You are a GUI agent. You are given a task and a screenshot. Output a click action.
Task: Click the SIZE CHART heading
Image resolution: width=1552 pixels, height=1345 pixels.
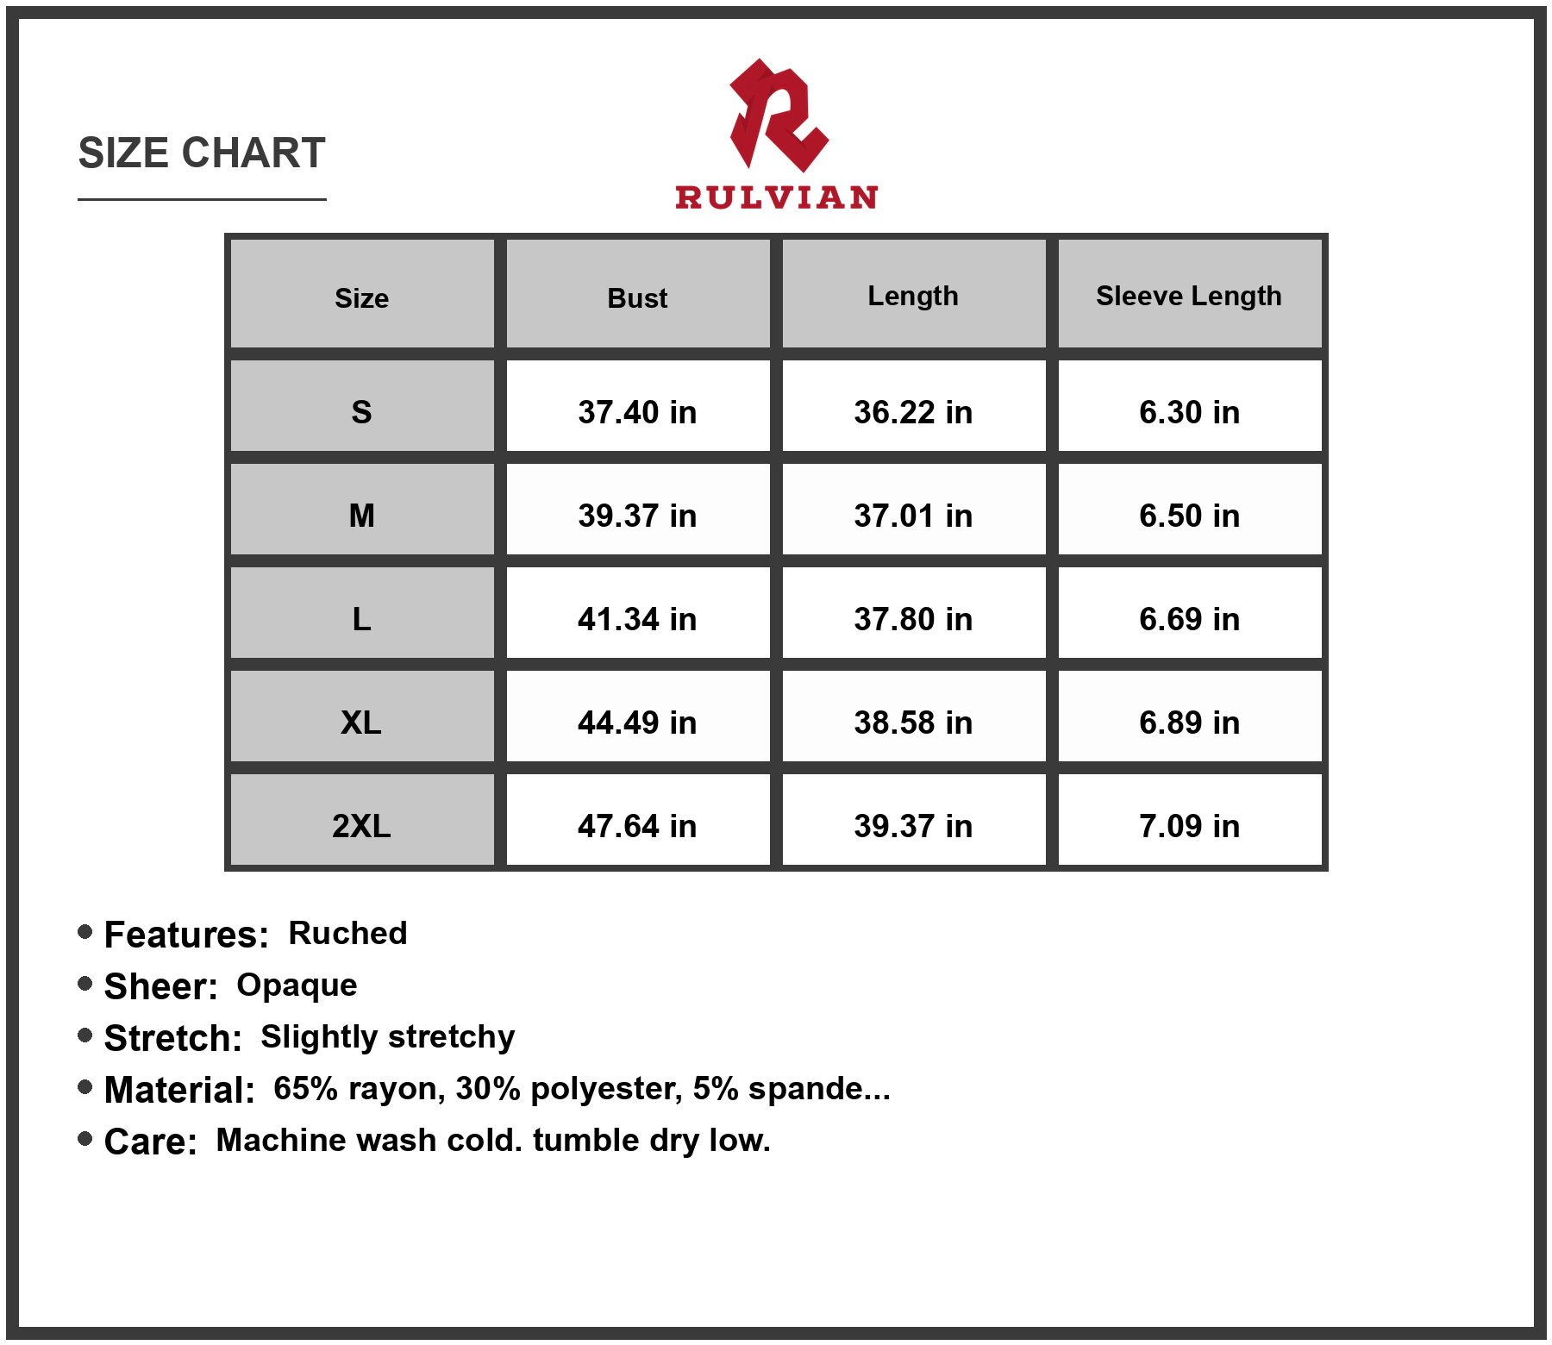[x=202, y=153]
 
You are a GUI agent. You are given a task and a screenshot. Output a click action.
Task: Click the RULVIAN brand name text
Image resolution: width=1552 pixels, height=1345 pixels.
[x=776, y=197]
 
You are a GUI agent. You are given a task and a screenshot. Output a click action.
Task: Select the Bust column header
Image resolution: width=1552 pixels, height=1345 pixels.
[x=637, y=298]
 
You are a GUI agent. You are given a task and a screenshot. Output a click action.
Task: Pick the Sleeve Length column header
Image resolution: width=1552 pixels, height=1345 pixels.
[x=1188, y=296]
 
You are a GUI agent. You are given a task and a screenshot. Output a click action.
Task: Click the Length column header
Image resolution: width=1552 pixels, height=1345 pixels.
[x=912, y=296]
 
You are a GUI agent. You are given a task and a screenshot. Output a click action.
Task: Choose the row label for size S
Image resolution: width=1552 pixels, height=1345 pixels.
[x=361, y=412]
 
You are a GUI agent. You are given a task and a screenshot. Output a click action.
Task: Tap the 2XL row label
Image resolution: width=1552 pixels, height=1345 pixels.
[x=361, y=826]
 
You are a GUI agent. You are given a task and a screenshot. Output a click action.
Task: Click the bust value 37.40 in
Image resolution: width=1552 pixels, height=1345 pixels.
[x=637, y=412]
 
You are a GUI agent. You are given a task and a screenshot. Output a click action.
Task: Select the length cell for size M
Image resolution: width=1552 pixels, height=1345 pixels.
[x=913, y=516]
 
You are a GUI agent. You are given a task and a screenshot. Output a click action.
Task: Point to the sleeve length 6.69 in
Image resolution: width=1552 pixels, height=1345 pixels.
[x=1189, y=619]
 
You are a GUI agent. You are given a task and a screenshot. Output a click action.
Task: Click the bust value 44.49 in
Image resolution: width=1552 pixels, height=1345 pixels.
[x=637, y=723]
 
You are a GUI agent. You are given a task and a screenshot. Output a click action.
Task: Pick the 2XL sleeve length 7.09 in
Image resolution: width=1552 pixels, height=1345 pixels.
[x=1189, y=826]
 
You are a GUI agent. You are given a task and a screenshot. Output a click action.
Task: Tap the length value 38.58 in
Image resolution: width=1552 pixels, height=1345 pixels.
[x=913, y=723]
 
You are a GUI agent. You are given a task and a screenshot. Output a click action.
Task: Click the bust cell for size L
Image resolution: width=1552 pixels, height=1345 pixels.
[x=637, y=619]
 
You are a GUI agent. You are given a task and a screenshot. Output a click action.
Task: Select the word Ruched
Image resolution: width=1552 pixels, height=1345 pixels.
[x=347, y=933]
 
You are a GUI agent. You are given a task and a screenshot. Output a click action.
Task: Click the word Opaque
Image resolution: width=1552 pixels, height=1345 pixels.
[x=297, y=985]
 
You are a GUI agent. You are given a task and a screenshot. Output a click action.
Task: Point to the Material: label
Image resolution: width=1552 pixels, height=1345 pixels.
[x=179, y=1090]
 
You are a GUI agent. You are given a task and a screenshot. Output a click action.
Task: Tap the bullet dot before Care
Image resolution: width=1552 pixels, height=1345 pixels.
[x=84, y=1139]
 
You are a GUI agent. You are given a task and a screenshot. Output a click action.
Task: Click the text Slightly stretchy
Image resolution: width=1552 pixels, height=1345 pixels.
[x=388, y=1037]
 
